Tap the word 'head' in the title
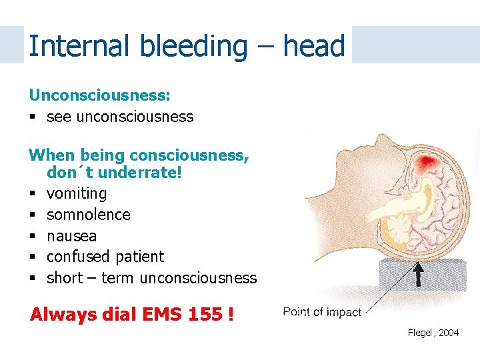click(x=313, y=46)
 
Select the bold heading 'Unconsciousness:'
click(x=99, y=95)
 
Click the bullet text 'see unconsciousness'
click(x=120, y=117)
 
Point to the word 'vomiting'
click(x=77, y=193)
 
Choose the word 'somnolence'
click(x=89, y=215)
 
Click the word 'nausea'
click(x=71, y=236)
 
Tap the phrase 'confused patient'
click(x=105, y=257)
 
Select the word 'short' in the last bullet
click(x=64, y=278)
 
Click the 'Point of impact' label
click(x=321, y=312)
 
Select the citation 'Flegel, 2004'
click(x=433, y=333)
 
